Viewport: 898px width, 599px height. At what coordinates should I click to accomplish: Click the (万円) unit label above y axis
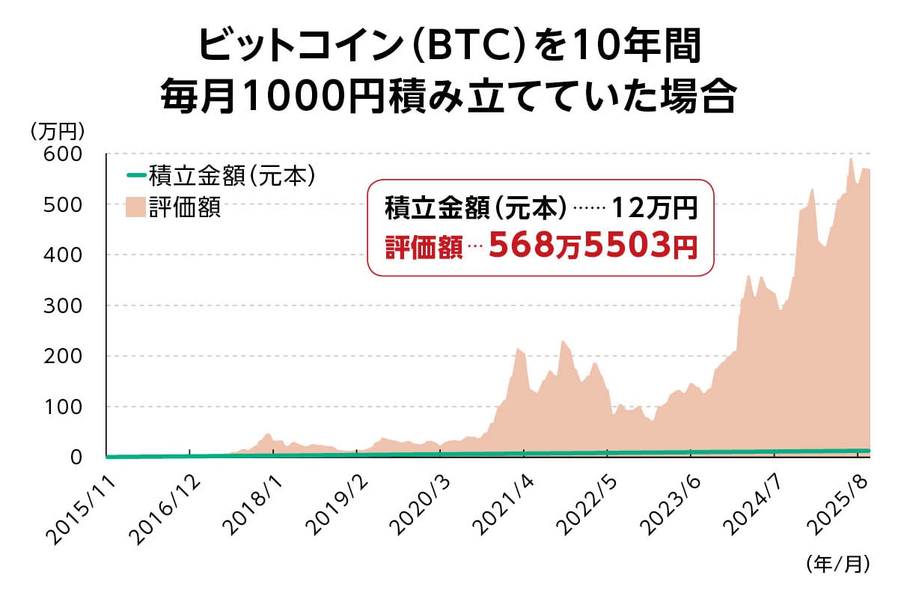tap(58, 131)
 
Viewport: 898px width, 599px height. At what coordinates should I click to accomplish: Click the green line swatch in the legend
tap(135, 177)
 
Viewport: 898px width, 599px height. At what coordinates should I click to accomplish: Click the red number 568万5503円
tap(593, 245)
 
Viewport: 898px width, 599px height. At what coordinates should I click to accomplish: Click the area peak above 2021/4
tap(518, 349)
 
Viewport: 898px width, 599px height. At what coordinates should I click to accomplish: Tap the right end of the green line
tap(868, 451)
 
